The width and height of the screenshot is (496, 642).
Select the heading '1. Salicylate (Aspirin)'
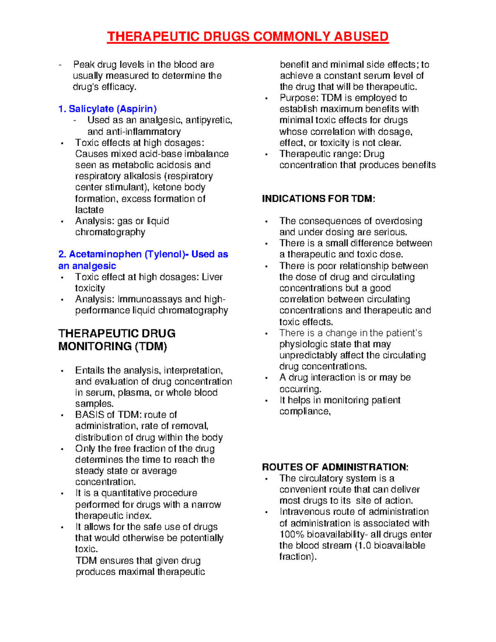coord(107,109)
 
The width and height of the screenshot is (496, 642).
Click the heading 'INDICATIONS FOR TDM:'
coord(318,199)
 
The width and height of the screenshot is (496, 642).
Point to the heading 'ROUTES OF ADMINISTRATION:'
coord(335,467)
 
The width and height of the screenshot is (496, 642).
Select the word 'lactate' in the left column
coord(89,210)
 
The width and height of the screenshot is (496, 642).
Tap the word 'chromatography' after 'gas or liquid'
coord(110,232)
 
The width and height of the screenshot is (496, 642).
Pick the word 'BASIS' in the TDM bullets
coord(88,415)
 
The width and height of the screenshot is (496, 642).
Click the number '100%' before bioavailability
coord(292,534)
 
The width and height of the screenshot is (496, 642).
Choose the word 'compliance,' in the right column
coord(305,411)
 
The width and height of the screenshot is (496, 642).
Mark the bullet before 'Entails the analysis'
coord(62,371)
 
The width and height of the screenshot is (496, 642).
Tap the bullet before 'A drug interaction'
coord(267,378)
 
